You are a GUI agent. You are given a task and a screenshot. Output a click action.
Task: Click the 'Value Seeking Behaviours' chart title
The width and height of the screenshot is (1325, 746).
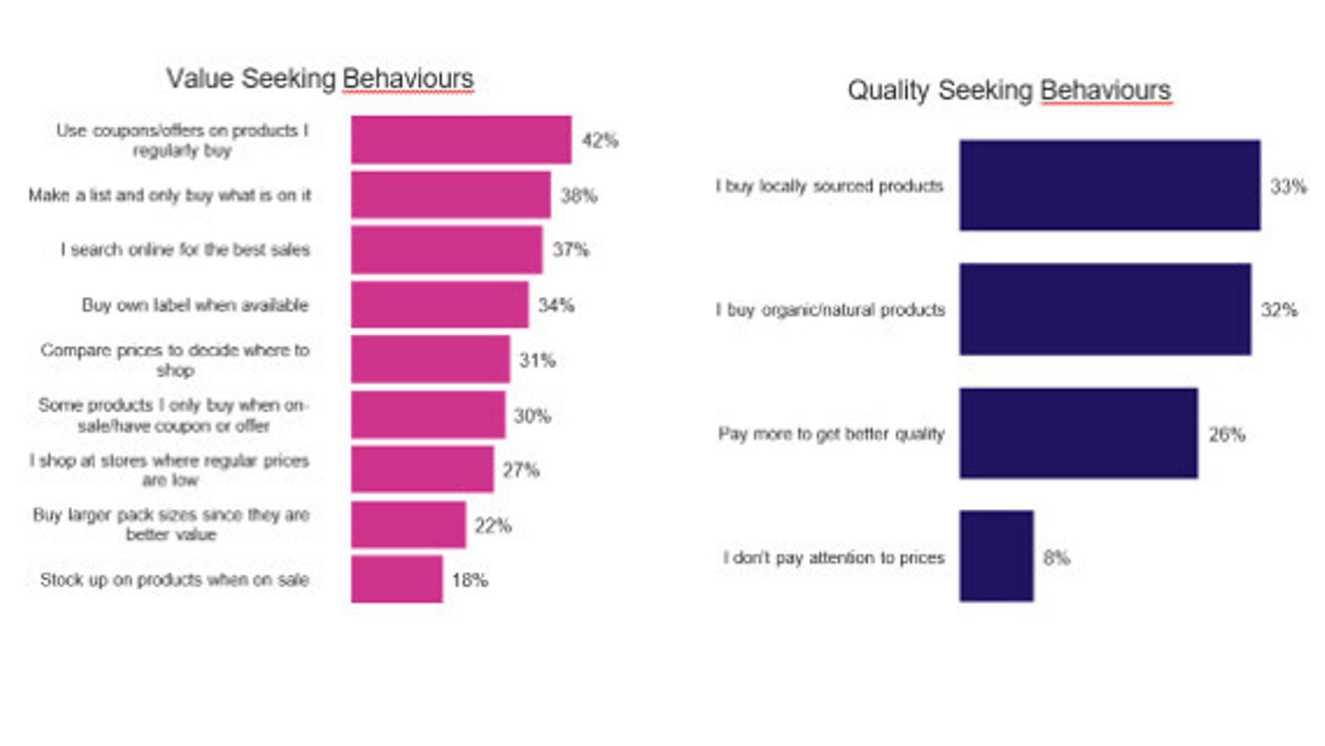pos(320,79)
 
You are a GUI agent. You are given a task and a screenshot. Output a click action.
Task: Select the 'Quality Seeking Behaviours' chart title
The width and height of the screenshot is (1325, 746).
pos(1009,90)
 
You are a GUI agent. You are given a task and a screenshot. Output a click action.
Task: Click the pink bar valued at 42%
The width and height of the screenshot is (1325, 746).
pos(460,140)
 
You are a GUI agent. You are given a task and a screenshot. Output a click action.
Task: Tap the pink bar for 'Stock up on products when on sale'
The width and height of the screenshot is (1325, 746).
pos(397,579)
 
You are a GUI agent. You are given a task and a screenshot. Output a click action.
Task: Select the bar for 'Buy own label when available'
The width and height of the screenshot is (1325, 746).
pos(439,305)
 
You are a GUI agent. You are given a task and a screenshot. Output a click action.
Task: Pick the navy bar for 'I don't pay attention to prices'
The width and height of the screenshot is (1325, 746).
pos(996,556)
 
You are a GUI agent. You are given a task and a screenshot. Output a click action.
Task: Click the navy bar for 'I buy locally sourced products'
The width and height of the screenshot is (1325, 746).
pos(1110,186)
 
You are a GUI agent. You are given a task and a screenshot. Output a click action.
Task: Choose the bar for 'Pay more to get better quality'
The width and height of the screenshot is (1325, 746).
pos(1078,434)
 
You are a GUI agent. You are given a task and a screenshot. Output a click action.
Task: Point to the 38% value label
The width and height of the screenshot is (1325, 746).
pos(579,196)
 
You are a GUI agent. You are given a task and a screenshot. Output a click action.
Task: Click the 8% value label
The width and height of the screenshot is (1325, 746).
pos(1057,558)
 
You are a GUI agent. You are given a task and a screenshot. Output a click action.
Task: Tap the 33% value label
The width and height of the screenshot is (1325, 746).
pos(1289,186)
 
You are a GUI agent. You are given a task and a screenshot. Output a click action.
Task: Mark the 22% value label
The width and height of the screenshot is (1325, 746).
pos(493,526)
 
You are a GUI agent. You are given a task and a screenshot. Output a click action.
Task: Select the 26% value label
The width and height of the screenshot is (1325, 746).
pos(1226,434)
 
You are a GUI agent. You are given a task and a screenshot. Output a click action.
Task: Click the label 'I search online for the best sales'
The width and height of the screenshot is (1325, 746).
pos(185,249)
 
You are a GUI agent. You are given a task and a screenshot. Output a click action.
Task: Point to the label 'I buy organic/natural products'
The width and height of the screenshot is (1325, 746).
pos(831,310)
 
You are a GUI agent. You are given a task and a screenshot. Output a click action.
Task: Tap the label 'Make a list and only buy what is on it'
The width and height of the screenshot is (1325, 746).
pos(170,196)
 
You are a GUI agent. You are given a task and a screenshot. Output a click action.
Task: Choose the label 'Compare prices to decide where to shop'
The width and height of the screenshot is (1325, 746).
pos(175,360)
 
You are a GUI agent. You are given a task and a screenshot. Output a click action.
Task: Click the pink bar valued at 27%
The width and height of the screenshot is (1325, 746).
pos(422,470)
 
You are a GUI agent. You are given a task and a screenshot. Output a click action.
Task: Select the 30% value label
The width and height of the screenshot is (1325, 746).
pos(532,416)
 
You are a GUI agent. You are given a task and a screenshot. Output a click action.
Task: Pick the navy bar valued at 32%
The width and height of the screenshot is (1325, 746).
pos(1105,309)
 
